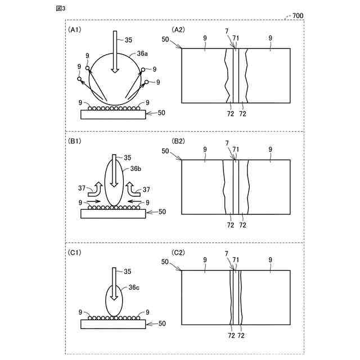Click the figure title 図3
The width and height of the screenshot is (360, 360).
click(x=61, y=8)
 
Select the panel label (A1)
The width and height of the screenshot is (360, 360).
click(x=75, y=29)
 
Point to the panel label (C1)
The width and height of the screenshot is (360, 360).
click(x=75, y=253)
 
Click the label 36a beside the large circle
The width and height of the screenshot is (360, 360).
click(x=143, y=54)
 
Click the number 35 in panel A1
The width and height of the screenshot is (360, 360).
click(x=129, y=40)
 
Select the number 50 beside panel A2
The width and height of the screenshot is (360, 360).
click(x=165, y=40)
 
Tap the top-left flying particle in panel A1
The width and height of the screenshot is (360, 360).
click(x=88, y=68)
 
